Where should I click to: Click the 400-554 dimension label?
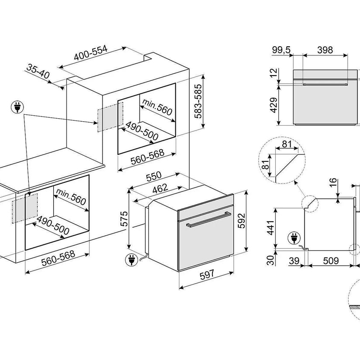[x=91, y=53]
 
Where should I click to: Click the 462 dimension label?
[x=161, y=189]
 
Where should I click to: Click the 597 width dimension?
[x=208, y=275]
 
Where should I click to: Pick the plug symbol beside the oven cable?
[x=130, y=260]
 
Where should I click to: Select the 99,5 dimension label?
[x=281, y=50]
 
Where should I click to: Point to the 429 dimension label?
[x=274, y=105]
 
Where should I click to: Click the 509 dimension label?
[x=331, y=261]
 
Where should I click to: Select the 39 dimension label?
[x=293, y=261]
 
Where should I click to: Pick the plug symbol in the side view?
[x=293, y=238]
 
